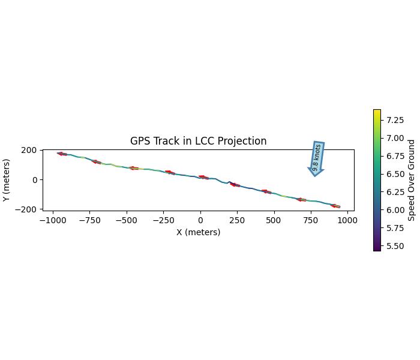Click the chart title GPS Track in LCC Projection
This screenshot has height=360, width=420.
click(198, 142)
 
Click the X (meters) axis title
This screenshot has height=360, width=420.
click(198, 232)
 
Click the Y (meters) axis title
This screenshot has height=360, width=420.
click(7, 180)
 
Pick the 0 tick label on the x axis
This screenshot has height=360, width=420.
click(200, 220)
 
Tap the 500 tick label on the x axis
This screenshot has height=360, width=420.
click(274, 220)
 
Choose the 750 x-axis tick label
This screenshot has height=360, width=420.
click(310, 220)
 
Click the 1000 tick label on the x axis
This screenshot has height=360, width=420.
click(347, 220)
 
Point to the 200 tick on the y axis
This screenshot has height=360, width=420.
click(30, 150)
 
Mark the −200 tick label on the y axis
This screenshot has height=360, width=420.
click(28, 209)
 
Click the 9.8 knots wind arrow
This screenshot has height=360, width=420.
click(317, 158)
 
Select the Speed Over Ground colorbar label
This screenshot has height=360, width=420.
click(412, 180)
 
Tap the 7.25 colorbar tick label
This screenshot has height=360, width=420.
click(394, 120)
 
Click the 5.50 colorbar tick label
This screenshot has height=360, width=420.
click(394, 246)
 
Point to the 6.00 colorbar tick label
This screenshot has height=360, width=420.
click(394, 210)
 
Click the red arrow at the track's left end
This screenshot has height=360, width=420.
click(62, 154)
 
